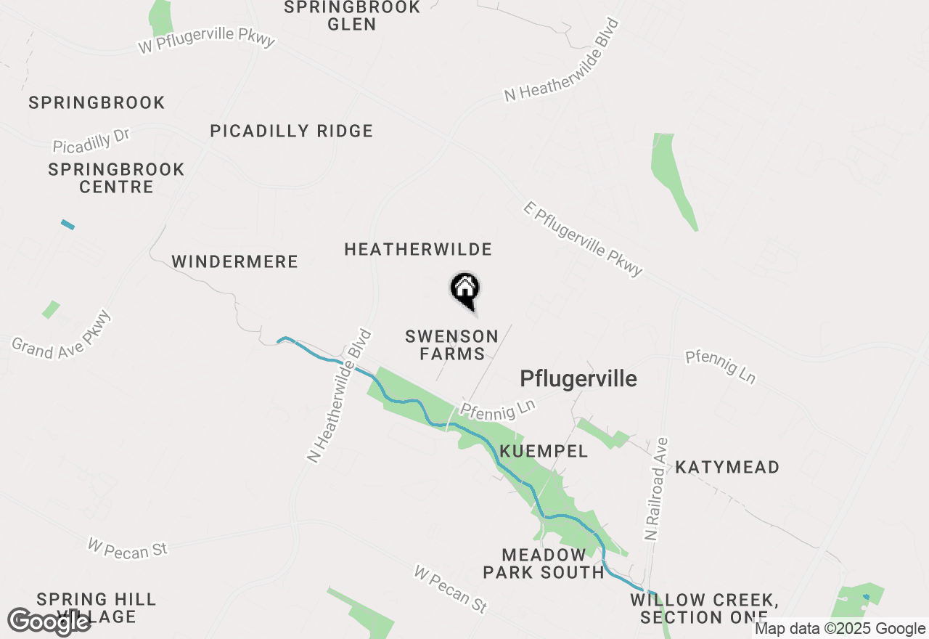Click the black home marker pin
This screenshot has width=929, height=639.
click(464, 289)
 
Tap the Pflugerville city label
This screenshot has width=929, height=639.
click(578, 378)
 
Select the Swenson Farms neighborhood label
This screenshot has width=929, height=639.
click(451, 345)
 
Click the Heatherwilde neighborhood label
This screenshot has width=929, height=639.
click(418, 250)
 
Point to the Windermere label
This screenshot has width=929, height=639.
click(234, 261)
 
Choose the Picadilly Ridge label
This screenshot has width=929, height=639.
click(291, 131)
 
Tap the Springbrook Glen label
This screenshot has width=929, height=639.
click(352, 15)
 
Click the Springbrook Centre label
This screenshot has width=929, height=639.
click(116, 178)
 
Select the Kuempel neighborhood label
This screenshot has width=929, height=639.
click(544, 451)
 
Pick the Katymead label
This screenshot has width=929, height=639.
click(727, 467)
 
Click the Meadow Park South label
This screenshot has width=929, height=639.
click(544, 563)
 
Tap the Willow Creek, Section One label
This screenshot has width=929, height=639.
click(705, 609)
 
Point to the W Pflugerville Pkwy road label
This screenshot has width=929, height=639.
click(207, 40)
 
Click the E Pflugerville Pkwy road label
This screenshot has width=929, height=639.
click(583, 239)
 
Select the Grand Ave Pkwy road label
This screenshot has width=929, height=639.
click(62, 336)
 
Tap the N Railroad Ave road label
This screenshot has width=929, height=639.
click(656, 487)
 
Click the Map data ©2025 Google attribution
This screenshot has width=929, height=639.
click(840, 629)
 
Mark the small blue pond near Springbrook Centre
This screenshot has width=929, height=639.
click(67, 224)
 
